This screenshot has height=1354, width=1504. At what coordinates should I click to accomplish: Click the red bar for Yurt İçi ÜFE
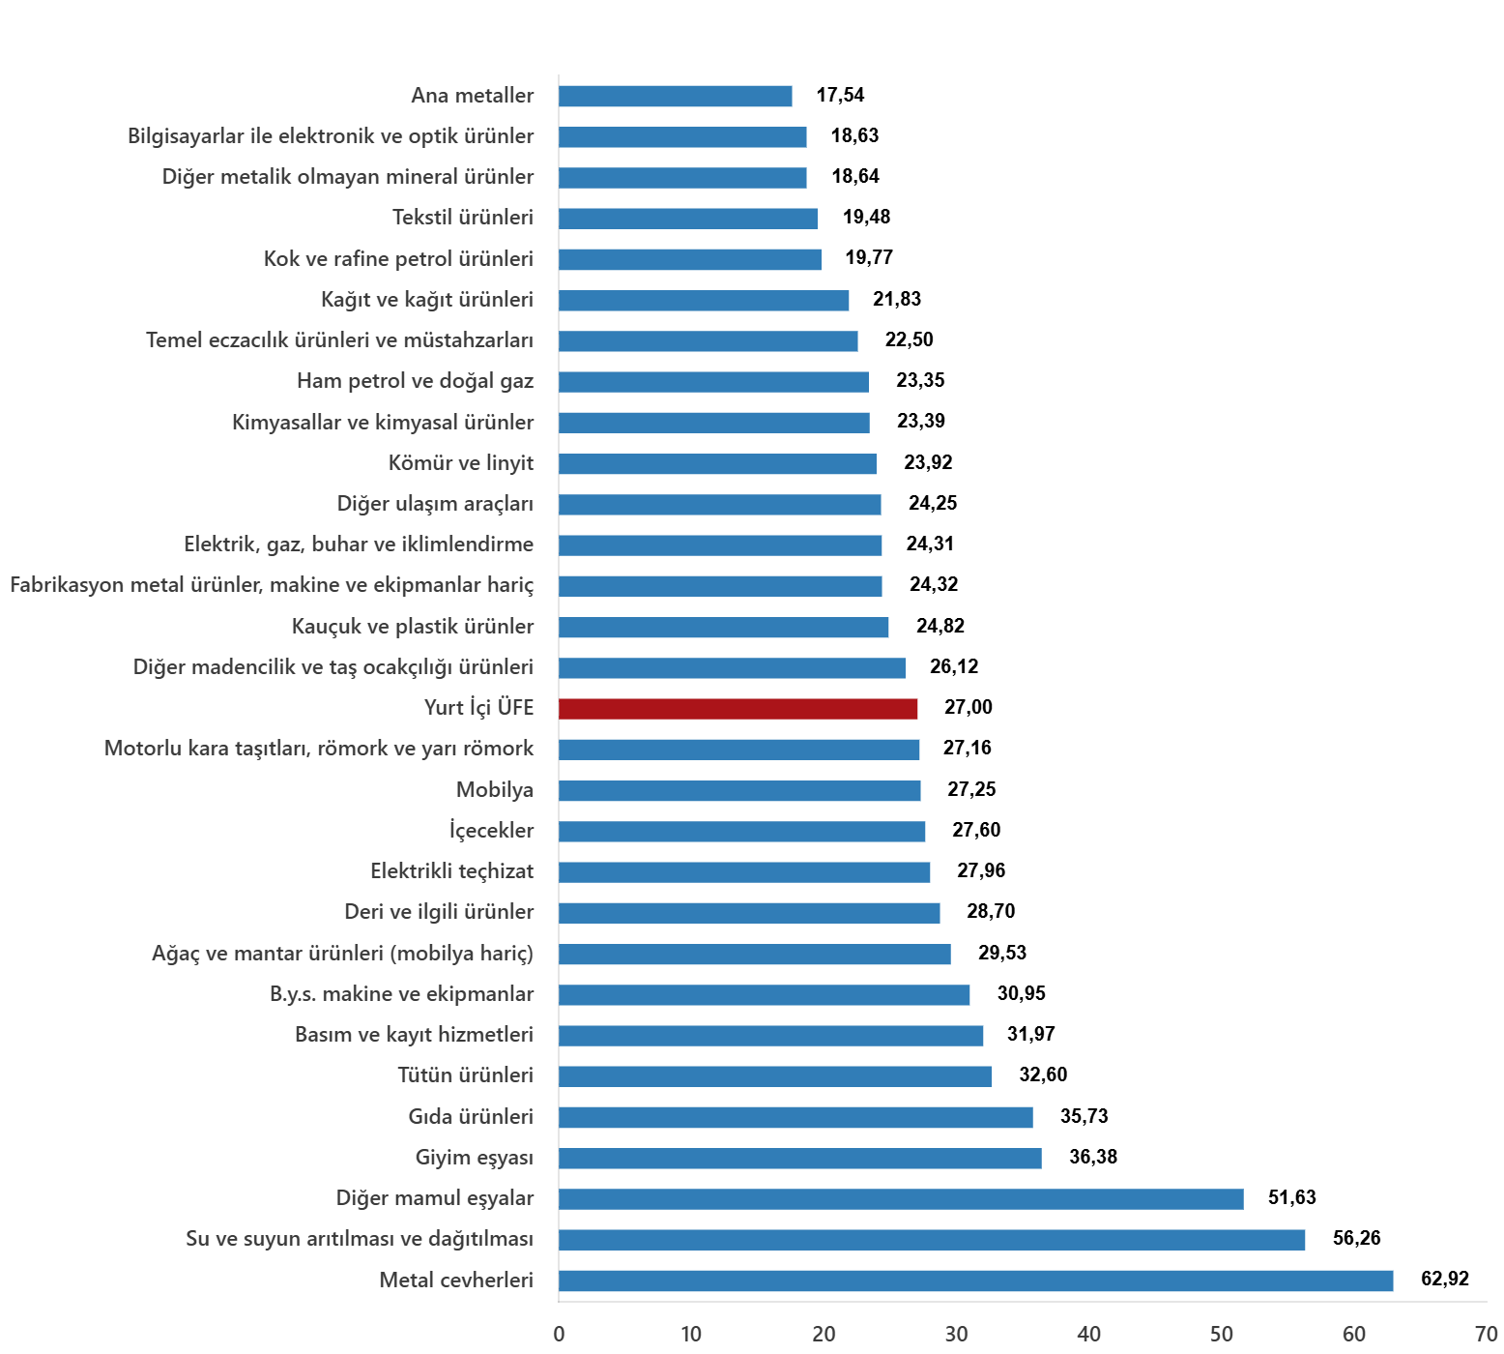[x=738, y=709]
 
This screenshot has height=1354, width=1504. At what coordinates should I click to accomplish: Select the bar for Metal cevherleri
[x=975, y=1280]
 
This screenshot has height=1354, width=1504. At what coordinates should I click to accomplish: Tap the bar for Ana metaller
[x=675, y=97]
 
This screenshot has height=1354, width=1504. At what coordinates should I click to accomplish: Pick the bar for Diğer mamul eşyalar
[x=901, y=1199]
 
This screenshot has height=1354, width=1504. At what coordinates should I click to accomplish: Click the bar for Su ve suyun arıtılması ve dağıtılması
[x=932, y=1240]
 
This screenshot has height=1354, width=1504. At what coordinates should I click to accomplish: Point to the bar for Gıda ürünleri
[x=795, y=1118]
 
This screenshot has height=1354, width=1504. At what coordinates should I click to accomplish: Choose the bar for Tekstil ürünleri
[x=687, y=219]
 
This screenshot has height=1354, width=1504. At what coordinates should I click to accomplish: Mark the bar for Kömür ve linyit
[x=717, y=464]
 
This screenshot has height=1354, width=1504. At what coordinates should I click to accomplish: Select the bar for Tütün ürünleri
[x=774, y=1076]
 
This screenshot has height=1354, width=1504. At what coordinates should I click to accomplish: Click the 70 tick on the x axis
[x=1486, y=1335]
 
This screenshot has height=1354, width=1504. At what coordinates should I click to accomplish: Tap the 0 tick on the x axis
[x=559, y=1335]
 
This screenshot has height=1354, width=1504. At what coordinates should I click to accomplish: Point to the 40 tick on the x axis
[x=1088, y=1335]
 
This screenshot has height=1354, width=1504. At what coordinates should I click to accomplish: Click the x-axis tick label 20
[x=824, y=1335]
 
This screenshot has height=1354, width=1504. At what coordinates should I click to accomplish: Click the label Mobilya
[x=495, y=790]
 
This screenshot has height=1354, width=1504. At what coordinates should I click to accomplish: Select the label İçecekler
[x=491, y=831]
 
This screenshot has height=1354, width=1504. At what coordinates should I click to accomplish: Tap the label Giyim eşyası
[x=474, y=1158]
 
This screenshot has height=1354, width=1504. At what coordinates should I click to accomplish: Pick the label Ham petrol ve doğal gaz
[x=415, y=381]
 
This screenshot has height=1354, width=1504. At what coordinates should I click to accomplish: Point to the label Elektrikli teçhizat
[x=451, y=871]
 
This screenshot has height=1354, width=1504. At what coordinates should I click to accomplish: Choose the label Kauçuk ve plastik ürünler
[x=413, y=627]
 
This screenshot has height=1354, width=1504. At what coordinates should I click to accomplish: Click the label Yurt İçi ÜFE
[x=478, y=708]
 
